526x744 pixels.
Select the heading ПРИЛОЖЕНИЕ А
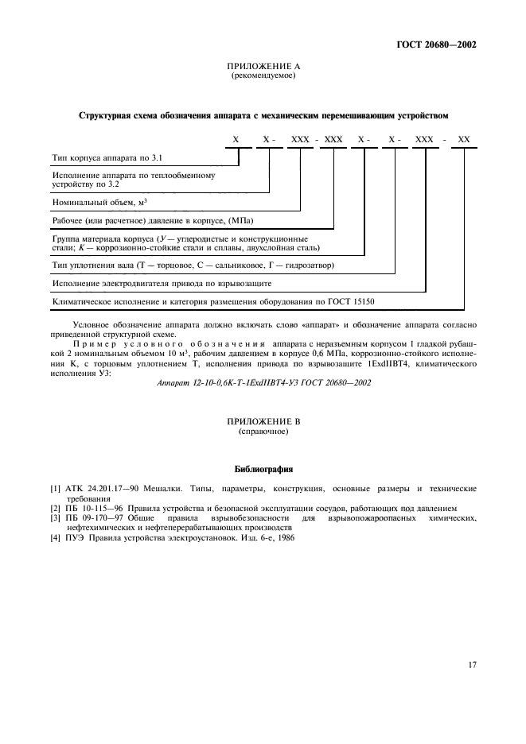tap(263, 67)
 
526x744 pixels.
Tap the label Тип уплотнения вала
tap(92, 264)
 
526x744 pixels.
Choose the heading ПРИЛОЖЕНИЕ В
tap(263, 421)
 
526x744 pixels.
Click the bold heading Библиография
tap(263, 469)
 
